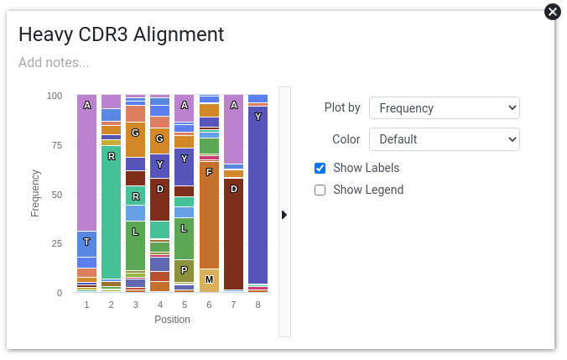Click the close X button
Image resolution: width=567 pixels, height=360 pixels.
[553, 12]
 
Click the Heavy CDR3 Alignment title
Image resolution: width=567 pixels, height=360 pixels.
[121, 34]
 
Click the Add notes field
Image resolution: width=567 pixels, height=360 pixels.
[54, 63]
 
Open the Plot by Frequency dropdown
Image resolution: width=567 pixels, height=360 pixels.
[444, 107]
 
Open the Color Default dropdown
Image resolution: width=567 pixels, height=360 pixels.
[444, 139]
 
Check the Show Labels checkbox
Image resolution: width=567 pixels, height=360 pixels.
[320, 168]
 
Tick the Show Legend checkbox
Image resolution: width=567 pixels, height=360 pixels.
[320, 190]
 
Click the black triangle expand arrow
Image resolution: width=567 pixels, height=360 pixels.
[284, 215]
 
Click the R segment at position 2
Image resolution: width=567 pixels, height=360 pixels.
[112, 212]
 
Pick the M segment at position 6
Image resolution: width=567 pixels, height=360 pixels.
[209, 280]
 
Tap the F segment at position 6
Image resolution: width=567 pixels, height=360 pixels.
[209, 216]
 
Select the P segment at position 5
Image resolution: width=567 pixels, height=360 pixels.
[185, 271]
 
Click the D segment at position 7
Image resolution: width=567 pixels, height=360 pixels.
[234, 234]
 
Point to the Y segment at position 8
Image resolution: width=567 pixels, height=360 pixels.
[257, 195]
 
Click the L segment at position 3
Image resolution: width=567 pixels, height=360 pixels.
[136, 246]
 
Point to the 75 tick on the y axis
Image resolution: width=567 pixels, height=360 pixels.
[57, 145]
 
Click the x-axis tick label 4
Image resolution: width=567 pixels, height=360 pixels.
[160, 305]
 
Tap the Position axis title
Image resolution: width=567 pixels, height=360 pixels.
[172, 320]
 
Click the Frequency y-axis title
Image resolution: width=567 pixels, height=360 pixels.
[35, 194]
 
